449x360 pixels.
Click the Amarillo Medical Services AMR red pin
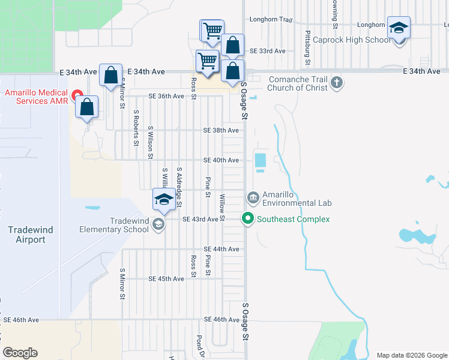(76, 95)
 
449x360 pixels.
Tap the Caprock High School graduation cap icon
(399, 29)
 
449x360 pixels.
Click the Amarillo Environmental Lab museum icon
(253, 197)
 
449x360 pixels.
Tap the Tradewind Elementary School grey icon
(158, 224)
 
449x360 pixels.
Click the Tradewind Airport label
(26, 235)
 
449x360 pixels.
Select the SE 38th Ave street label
(221, 130)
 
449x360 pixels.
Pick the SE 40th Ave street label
(221, 160)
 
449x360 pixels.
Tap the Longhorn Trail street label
(270, 20)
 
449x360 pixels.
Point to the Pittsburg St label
(307, 48)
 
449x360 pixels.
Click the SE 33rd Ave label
(267, 51)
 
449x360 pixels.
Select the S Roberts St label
(136, 128)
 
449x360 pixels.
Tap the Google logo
(20, 353)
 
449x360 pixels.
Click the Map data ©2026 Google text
(411, 355)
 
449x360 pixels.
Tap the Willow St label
(222, 207)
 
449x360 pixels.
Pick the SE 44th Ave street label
(221, 249)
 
